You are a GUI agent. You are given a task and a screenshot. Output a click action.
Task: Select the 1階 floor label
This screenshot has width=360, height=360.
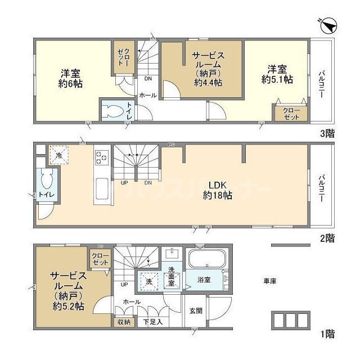(x=327, y=335)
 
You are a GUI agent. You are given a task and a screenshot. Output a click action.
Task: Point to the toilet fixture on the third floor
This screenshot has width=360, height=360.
(x=112, y=111)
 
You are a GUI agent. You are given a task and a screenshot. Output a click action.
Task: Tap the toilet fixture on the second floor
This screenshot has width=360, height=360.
(x=47, y=183)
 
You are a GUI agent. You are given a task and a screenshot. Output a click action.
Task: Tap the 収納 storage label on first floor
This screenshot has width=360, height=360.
(x=123, y=322)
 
